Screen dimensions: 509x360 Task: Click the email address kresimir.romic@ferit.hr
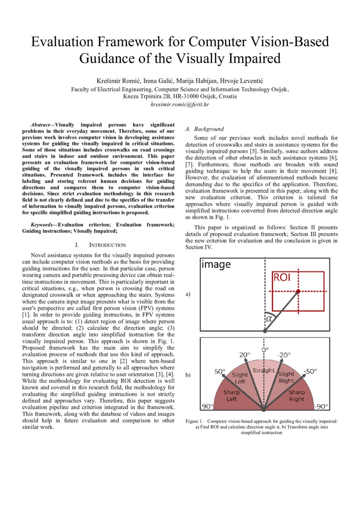click(180, 104)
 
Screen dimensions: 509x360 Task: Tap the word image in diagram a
click(216, 264)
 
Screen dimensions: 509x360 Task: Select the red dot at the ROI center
click(298, 291)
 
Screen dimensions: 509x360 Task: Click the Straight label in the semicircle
click(264, 371)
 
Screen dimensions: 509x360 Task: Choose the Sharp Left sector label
click(232, 395)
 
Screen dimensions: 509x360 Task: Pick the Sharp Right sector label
click(296, 395)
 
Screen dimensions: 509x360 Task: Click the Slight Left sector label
click(240, 378)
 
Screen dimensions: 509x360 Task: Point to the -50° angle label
click(310, 371)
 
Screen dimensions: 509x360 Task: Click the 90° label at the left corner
click(207, 406)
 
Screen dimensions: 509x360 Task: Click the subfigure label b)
click(188, 374)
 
